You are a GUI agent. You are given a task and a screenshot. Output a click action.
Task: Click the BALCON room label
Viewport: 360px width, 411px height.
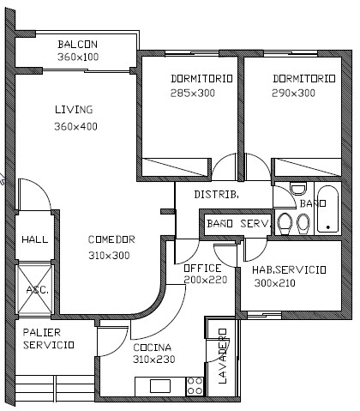coord(78,45)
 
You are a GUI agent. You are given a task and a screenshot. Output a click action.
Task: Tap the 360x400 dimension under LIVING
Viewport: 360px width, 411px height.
coord(76,126)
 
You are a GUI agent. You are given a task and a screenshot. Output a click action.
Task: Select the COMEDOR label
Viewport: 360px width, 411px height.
coord(111,239)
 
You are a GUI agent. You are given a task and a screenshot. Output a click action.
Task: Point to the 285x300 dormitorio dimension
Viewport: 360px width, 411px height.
coord(193,93)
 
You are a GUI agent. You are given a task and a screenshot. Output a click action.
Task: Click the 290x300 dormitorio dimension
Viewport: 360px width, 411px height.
coord(293,93)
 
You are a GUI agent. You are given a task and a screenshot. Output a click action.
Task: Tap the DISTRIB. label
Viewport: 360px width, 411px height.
coord(217,195)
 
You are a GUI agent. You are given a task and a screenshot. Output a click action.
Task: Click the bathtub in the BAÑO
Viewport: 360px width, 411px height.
coord(327,209)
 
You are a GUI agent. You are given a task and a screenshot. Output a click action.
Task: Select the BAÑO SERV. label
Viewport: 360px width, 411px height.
coord(238,223)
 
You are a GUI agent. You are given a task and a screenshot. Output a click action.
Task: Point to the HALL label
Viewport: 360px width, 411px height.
coord(35,239)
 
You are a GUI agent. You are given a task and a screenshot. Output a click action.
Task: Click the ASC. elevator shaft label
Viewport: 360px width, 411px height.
coord(38,290)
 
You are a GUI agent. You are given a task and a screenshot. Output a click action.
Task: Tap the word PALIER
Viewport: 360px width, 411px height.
coord(42,333)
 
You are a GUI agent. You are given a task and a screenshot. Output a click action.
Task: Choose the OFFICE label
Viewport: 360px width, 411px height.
coord(202,269)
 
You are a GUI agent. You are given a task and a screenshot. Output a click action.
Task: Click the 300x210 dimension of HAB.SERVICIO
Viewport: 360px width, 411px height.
coord(275,283)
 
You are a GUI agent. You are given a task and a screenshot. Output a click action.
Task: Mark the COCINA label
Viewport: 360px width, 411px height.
coord(153,348)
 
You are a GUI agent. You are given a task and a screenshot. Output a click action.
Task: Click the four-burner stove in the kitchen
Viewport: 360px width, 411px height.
coord(195,386)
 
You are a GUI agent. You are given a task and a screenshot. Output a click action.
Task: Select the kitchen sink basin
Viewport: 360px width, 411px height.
coord(160,386)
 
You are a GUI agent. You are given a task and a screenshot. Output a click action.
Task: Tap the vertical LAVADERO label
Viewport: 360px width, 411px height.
coord(223,356)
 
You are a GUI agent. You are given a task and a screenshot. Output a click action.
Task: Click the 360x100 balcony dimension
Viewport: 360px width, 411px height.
coord(78,57)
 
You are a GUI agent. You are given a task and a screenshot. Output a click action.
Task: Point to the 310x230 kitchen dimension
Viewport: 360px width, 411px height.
coord(154,360)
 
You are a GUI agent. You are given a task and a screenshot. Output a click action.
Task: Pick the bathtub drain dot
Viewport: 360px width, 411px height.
coord(328,227)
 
